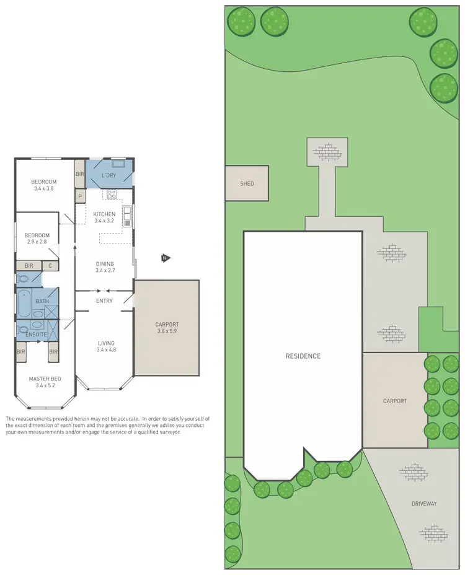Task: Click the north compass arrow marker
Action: point(165,258)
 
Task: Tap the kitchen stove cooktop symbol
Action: point(112,194)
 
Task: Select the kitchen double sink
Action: point(127,215)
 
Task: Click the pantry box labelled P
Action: point(80,196)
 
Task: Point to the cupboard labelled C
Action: point(50,266)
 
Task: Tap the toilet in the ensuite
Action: point(22,329)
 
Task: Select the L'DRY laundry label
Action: point(108,176)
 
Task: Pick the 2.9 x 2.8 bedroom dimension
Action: point(37,242)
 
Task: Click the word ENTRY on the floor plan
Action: point(104,301)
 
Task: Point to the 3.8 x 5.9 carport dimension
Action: point(167,331)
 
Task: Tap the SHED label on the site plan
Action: point(247,183)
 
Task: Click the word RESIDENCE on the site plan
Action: point(303,356)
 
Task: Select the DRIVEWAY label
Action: point(424,504)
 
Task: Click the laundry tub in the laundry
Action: point(118,164)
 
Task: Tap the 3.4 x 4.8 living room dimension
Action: point(106,350)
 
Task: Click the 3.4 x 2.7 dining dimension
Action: point(105,271)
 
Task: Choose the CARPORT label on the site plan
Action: point(395,401)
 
